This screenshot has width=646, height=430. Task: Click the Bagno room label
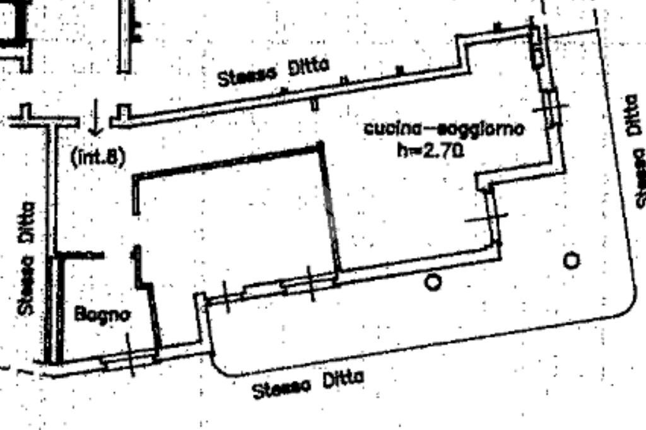coord(102,314)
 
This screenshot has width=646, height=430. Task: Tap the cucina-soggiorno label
coord(443,129)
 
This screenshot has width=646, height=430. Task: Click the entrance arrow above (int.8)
coord(95,117)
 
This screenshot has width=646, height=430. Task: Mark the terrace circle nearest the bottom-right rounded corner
coord(571,260)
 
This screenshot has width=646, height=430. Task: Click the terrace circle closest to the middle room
coord(433,282)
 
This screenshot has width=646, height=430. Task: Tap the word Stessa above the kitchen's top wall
coord(247,77)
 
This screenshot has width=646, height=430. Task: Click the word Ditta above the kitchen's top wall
coord(308,67)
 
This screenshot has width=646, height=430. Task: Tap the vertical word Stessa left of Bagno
coord(25,285)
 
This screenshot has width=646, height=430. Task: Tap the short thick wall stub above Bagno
coord(80,255)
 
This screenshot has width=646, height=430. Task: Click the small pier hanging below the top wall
coord(315,104)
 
